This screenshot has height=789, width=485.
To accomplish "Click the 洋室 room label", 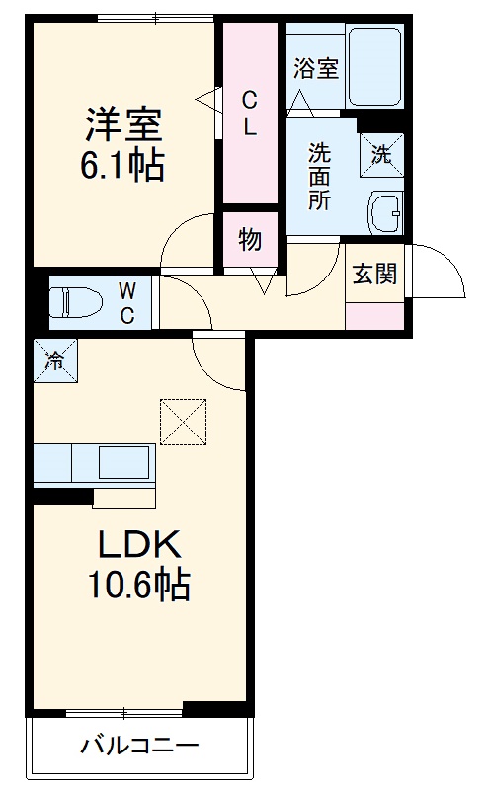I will click(x=122, y=125).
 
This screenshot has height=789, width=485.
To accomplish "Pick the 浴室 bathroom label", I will click(x=316, y=68).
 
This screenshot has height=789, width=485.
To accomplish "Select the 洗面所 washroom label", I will click(x=318, y=175).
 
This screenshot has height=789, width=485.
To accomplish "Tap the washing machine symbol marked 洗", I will click(x=380, y=151).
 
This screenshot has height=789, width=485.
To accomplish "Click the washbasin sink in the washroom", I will click(x=383, y=211).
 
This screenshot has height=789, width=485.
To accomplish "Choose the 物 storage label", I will click(x=250, y=239).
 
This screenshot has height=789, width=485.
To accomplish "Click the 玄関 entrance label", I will click(x=375, y=273).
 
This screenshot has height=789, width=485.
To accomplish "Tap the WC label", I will click(x=128, y=301).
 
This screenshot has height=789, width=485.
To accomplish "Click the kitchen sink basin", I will click(x=121, y=462).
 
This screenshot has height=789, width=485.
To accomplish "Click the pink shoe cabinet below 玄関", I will click(x=375, y=315).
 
